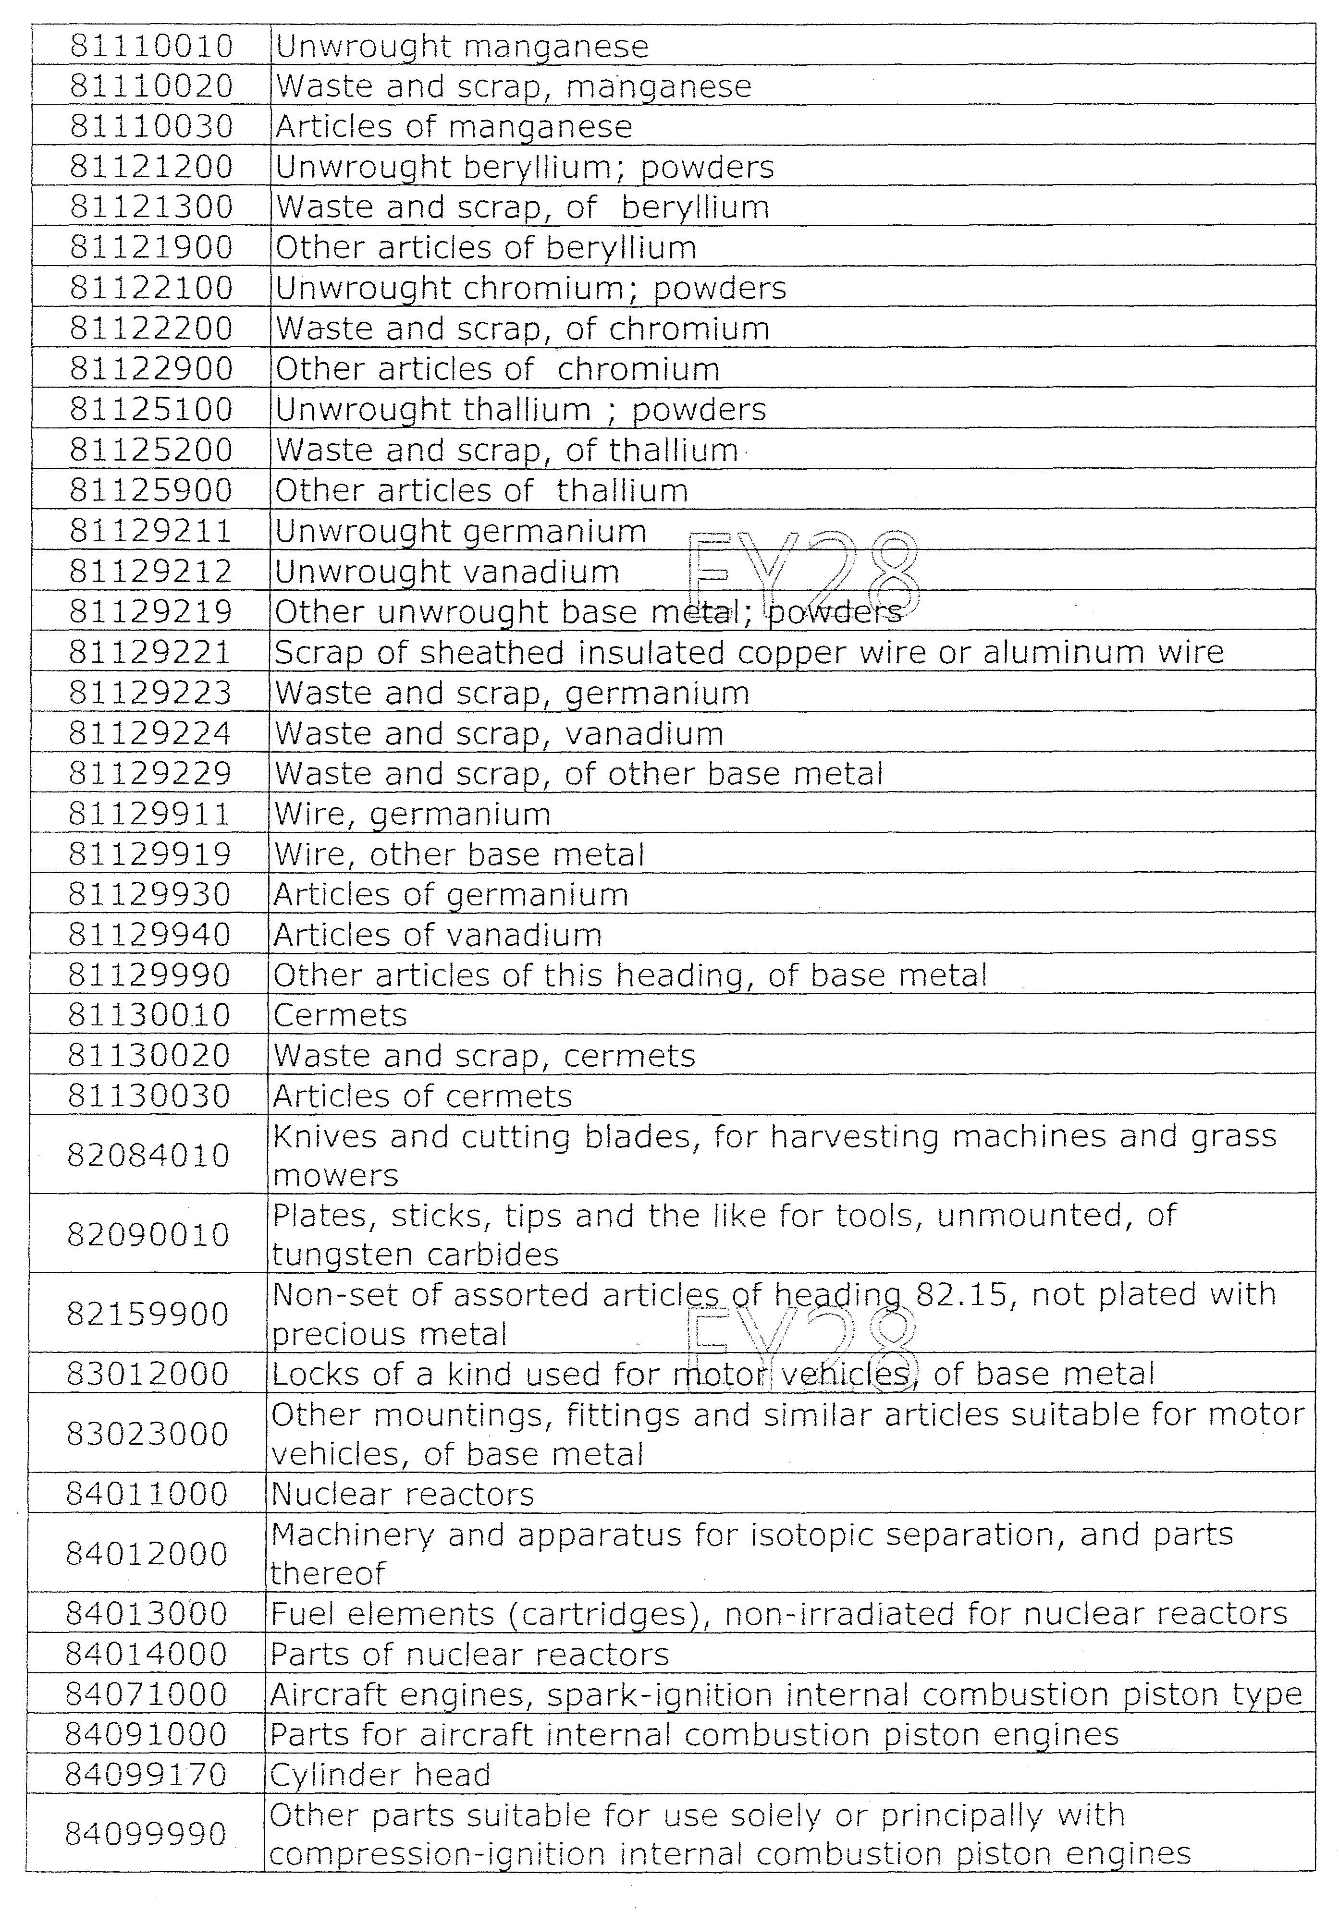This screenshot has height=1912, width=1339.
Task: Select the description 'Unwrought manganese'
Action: coord(462,47)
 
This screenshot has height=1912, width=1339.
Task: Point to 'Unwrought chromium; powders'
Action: coord(531,288)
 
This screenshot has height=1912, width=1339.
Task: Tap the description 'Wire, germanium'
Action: coord(412,814)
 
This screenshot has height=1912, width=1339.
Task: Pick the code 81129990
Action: coord(149,974)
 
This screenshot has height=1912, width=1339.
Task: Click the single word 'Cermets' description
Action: coord(340,1015)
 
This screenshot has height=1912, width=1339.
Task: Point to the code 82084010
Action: coord(148,1155)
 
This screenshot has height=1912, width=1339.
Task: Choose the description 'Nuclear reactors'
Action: coord(403,1494)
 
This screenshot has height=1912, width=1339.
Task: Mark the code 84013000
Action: coord(147,1614)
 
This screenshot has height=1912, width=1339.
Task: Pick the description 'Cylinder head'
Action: coord(380,1776)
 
